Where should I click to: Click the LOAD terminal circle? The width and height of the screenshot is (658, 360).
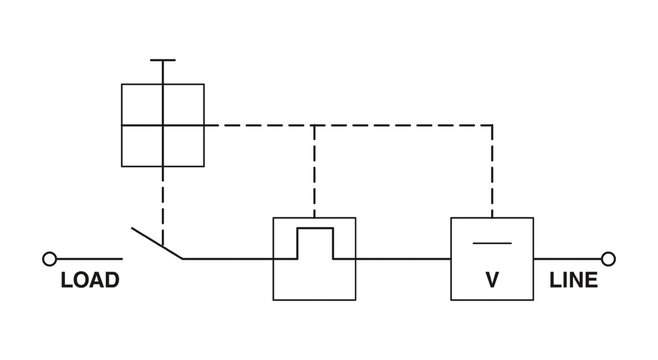pos(49,259)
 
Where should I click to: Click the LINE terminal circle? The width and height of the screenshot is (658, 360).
pos(608,259)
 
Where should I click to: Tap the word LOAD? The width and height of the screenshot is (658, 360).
pos(89,280)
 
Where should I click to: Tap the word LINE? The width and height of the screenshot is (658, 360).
pos(574,280)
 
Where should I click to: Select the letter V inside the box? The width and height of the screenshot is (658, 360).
pos(492,280)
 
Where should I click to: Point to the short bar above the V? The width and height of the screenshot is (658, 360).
pos(492,243)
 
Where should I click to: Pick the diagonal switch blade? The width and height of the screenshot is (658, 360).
pos(157,244)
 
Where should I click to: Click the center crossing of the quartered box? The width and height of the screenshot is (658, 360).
pos(163,125)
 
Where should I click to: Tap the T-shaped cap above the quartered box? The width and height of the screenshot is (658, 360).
pos(163,61)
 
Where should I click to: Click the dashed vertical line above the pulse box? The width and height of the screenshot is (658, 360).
pos(315,171)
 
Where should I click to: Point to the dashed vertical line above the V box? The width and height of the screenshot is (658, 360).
pos(492,171)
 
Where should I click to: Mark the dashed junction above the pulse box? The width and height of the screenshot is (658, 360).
pos(315,125)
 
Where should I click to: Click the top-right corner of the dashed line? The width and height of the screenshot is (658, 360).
pos(492,125)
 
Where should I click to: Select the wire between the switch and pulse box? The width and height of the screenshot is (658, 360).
pos(227,259)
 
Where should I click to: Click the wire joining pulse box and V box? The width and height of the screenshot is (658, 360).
pos(403,259)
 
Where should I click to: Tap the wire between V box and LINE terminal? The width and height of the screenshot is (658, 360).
pos(567,259)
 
